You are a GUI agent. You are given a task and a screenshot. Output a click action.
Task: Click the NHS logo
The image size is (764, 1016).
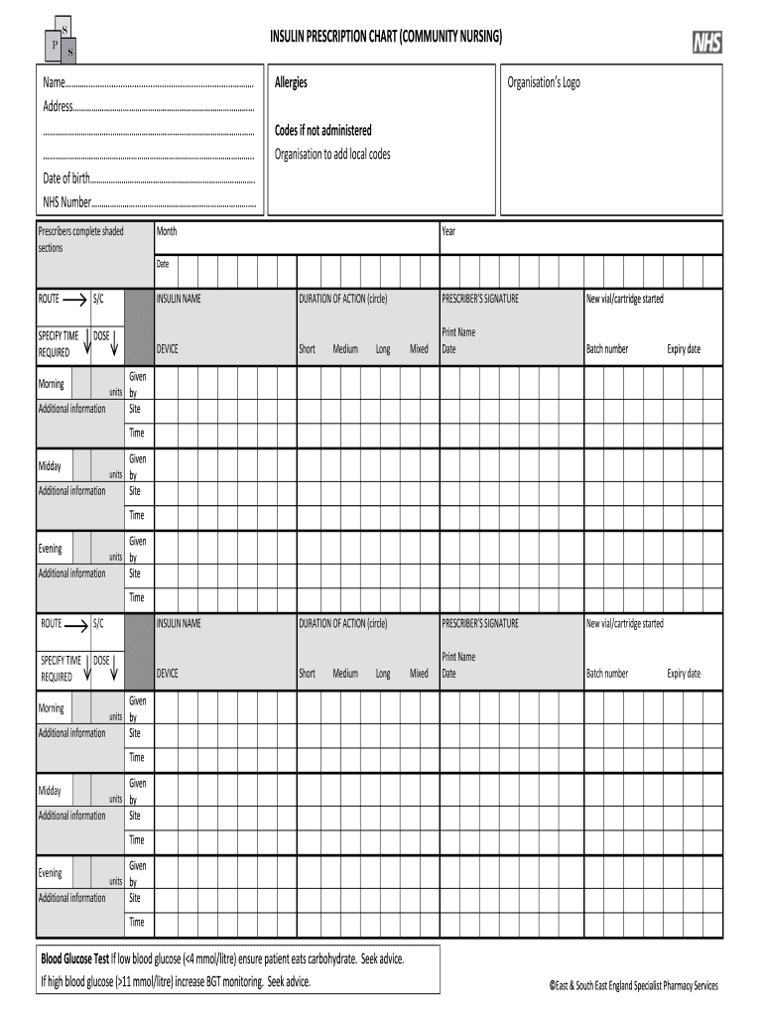coord(706,43)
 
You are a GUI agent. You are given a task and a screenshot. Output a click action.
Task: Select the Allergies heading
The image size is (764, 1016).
coord(291,82)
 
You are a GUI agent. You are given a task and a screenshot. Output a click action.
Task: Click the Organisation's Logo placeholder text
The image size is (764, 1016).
coord(544,82)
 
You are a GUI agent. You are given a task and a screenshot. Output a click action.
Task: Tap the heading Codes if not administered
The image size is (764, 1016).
coord(323,130)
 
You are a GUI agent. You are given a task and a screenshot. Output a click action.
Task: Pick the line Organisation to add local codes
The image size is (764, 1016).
coord(332,154)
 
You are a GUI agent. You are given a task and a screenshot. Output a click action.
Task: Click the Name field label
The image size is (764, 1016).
coord(54,82)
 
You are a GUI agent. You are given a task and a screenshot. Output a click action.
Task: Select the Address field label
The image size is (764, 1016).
coord(59,106)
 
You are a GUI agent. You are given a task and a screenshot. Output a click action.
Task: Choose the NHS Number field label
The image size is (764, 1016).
coord(66,201)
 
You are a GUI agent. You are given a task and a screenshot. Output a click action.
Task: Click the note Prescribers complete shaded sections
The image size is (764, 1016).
coord(80,239)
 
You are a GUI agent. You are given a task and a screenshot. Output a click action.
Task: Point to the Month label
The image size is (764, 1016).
coord(167,231)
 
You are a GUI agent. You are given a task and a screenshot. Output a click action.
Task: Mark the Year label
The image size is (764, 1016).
coord(448,231)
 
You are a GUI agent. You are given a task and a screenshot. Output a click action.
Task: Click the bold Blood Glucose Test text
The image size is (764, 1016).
coord(74,959)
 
